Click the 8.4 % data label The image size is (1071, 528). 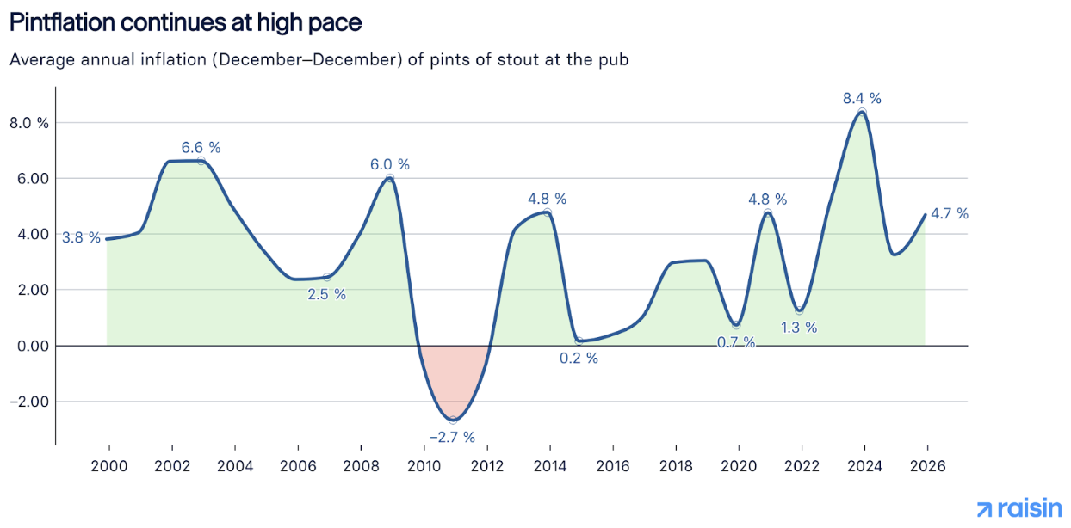(862, 98)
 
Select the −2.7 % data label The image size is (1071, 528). (453, 437)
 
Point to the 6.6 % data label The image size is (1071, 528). (201, 147)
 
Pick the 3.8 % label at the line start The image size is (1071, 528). (81, 237)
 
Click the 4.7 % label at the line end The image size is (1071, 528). (950, 213)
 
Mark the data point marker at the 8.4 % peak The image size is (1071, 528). (862, 113)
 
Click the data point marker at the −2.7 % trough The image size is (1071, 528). (453, 420)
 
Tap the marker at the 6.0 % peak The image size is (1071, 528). (390, 179)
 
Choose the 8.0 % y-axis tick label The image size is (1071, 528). (29, 122)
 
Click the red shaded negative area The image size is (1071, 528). (453, 378)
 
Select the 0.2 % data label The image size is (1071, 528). (579, 359)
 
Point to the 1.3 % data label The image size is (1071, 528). (799, 328)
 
